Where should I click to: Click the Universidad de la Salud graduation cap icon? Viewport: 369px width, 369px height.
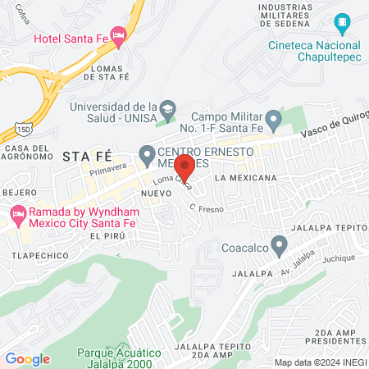click(x=168, y=108)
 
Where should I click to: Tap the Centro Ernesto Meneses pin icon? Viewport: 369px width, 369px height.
click(x=148, y=153)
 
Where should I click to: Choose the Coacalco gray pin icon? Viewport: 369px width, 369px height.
click(x=280, y=244)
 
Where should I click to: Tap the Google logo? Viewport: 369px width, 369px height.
click(x=27, y=359)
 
